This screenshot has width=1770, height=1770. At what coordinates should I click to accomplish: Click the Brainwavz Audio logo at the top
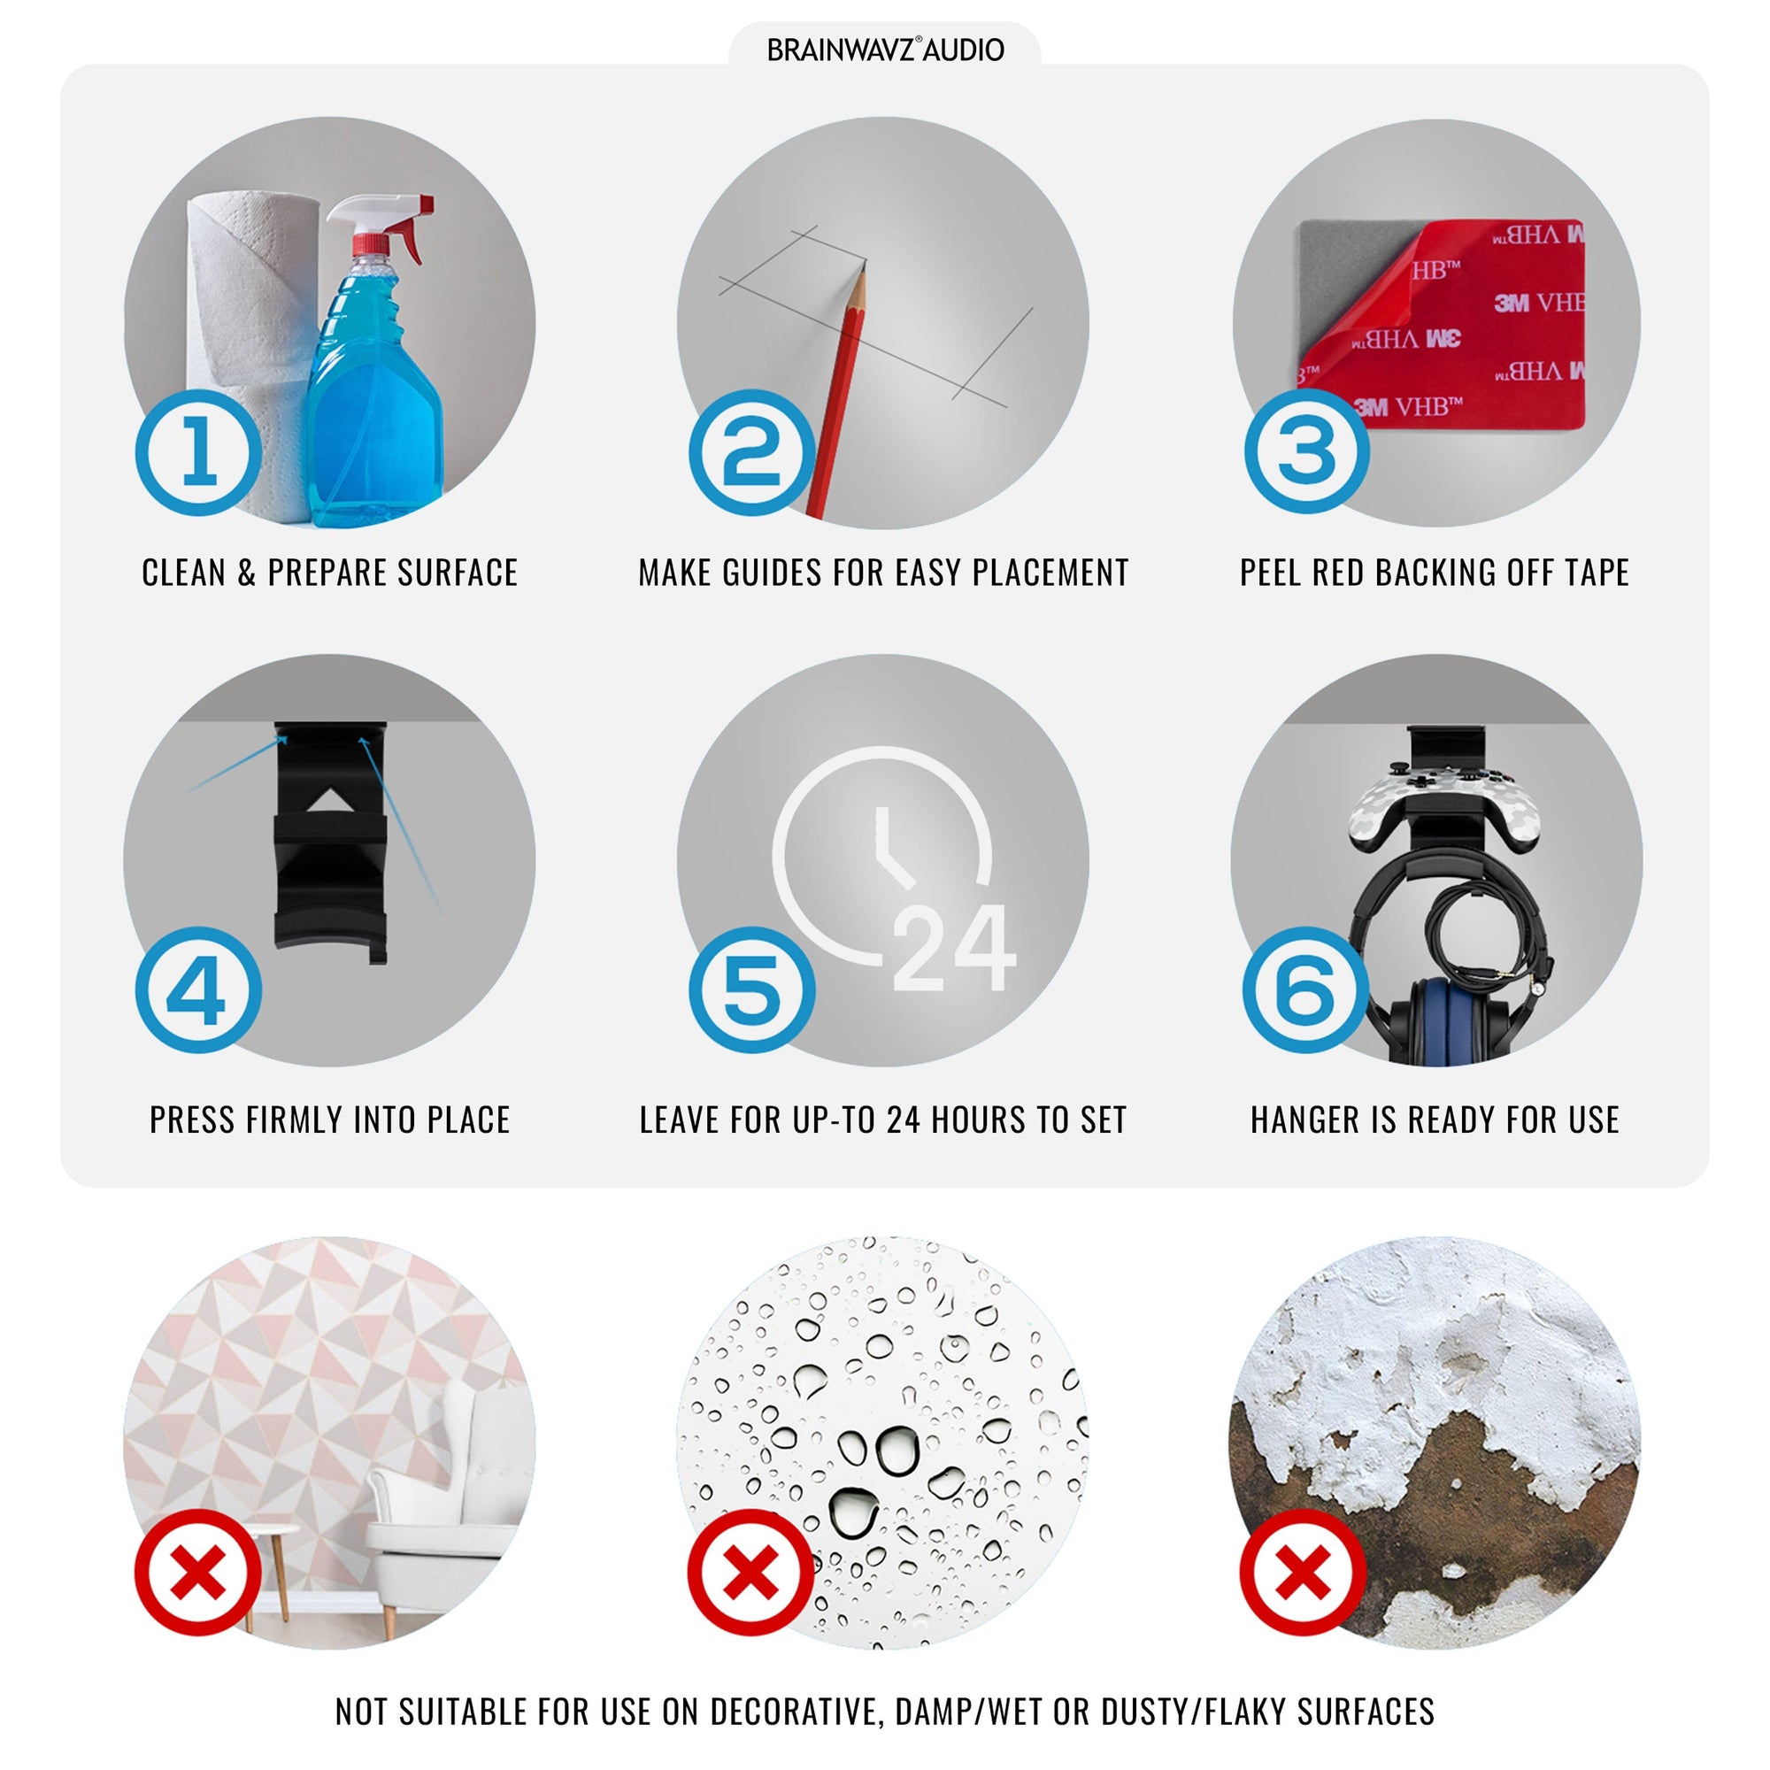(x=885, y=50)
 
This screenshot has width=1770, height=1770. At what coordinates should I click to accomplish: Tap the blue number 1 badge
(x=199, y=452)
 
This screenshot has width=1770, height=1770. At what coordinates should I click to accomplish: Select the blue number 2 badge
(x=752, y=452)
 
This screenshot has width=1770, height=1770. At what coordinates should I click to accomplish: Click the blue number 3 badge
(x=1306, y=450)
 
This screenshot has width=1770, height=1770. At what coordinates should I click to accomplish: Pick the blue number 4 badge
(x=199, y=989)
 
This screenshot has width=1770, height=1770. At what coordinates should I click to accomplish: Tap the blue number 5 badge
(x=752, y=989)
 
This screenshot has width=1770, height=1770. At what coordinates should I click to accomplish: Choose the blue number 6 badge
(x=1305, y=989)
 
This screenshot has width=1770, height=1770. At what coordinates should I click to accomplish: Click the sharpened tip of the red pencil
(x=863, y=265)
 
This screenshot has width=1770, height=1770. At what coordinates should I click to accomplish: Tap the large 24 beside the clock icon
(x=954, y=948)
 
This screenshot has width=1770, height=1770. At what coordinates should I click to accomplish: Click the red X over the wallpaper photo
(x=198, y=1573)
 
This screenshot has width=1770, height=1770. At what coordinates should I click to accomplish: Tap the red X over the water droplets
(x=750, y=1573)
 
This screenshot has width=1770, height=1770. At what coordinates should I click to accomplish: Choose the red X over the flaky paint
(x=1303, y=1573)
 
